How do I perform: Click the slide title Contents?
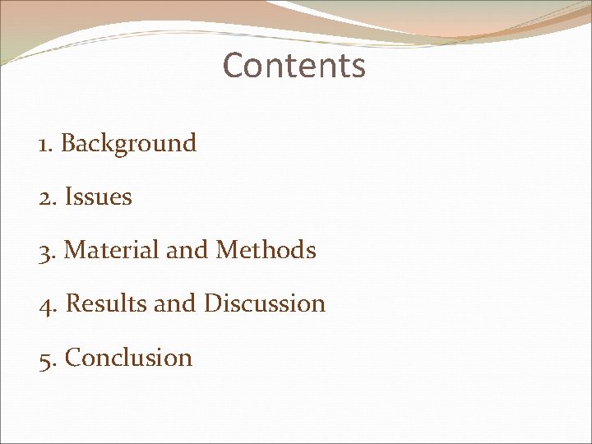pos(294,66)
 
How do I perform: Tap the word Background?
pos(129,144)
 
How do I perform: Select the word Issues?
pos(98,197)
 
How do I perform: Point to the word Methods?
pos(266,250)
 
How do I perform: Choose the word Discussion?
pos(264,303)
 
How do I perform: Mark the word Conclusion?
pos(128,358)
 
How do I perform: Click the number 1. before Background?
pos(46,145)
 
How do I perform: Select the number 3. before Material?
pos(48,251)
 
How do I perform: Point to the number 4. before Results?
pos(49,304)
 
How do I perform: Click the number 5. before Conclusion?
pos(48,358)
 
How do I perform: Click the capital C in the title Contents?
pos(233,66)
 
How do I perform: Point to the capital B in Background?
pos(69,144)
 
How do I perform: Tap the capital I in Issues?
pos(68,197)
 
